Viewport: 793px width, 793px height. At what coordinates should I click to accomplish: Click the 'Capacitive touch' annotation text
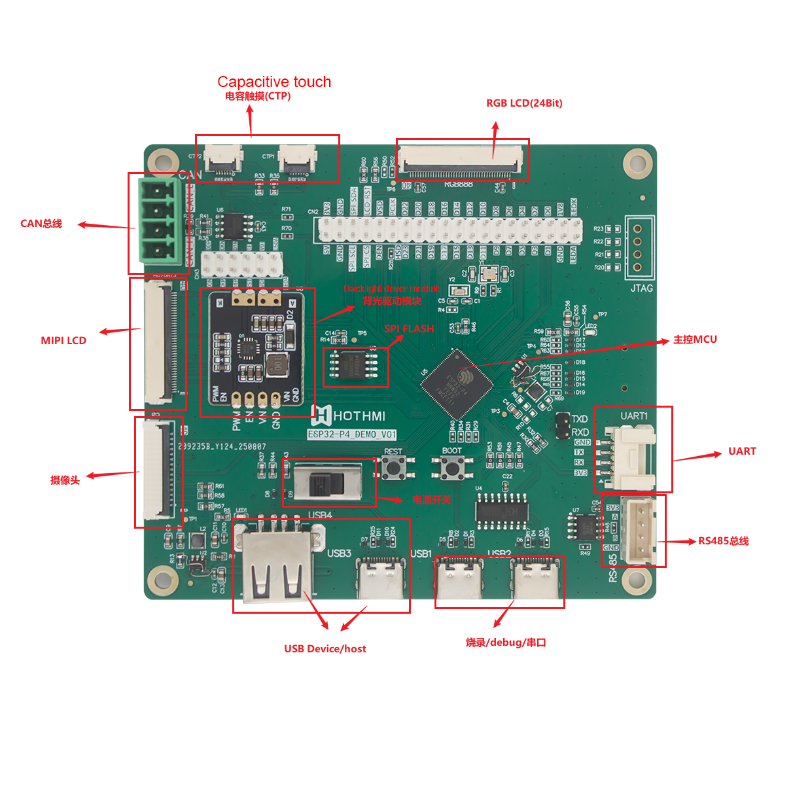click(x=274, y=82)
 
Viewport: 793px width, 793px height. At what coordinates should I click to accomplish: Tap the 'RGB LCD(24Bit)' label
click(x=524, y=103)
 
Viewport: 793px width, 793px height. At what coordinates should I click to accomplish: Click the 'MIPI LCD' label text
click(x=63, y=341)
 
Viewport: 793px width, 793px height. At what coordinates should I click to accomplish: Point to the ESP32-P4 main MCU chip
click(x=456, y=383)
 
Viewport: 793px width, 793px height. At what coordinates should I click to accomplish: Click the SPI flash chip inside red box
click(x=354, y=364)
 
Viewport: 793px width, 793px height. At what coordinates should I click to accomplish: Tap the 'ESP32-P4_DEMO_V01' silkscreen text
click(x=352, y=434)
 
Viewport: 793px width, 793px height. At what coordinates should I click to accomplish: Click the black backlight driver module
click(x=256, y=349)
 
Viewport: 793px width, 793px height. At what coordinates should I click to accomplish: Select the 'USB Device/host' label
click(x=325, y=649)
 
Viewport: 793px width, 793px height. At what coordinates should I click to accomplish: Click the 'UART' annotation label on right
click(x=742, y=451)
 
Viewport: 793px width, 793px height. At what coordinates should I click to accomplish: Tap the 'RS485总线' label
click(x=723, y=541)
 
